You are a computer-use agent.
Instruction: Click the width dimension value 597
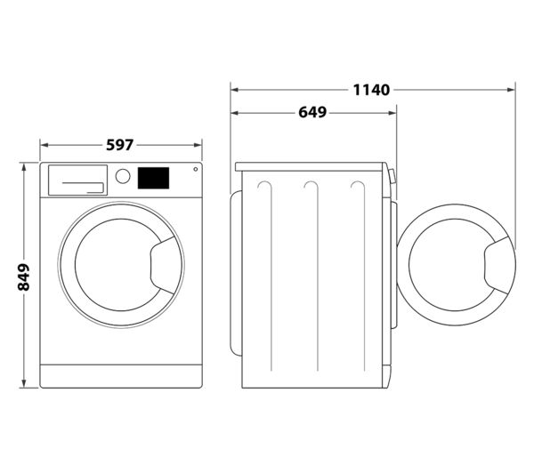pos(121,144)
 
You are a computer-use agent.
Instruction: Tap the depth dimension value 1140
pos(372,89)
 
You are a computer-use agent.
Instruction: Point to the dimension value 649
pos(311,113)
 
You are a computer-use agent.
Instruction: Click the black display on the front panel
pos(153,178)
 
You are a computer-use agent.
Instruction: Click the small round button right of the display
pos(195,171)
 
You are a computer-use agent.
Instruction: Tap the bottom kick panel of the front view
pos(121,375)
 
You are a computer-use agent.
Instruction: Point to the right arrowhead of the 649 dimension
pos(395,113)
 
